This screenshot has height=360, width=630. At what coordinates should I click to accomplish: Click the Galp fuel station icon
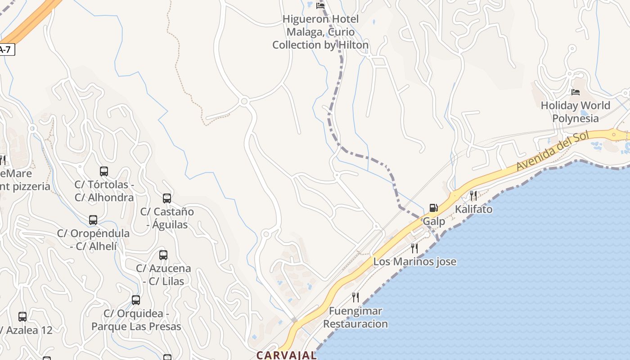pyautogui.click(x=433, y=208)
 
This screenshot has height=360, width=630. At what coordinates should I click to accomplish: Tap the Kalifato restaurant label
pyautogui.click(x=473, y=209)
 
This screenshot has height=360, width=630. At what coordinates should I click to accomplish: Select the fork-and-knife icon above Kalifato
pyautogui.click(x=473, y=195)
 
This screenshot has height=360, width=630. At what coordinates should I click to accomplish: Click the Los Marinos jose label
pyautogui.click(x=415, y=261)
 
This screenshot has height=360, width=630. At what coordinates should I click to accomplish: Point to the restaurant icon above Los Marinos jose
pyautogui.click(x=414, y=248)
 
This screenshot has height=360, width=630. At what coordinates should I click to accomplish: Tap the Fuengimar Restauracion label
pyautogui.click(x=355, y=317)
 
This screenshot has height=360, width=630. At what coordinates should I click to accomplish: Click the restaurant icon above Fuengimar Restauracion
pyautogui.click(x=355, y=297)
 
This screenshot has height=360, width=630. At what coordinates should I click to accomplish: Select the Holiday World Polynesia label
pyautogui.click(x=576, y=112)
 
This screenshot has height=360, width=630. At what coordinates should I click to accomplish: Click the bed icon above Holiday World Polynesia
pyautogui.click(x=576, y=92)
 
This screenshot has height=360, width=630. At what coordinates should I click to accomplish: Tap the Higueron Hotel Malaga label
pyautogui.click(x=320, y=32)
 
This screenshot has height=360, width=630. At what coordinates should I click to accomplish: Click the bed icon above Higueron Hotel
pyautogui.click(x=320, y=5)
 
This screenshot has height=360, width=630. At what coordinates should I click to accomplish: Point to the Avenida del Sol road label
pyautogui.click(x=552, y=151)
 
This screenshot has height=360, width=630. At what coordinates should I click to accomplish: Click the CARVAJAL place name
pyautogui.click(x=287, y=355)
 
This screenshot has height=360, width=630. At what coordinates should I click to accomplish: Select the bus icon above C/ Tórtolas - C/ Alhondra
pyautogui.click(x=104, y=171)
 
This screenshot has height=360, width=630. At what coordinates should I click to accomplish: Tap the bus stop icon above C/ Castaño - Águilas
pyautogui.click(x=167, y=198)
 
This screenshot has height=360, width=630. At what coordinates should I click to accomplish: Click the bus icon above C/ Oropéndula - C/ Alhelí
pyautogui.click(x=93, y=220)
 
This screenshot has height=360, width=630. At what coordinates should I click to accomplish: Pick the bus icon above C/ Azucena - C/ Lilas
pyautogui.click(x=163, y=255)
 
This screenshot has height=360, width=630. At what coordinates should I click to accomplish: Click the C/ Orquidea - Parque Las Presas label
pyautogui.click(x=136, y=320)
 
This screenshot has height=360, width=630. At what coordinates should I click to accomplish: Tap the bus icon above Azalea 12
pyautogui.click(x=22, y=317)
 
